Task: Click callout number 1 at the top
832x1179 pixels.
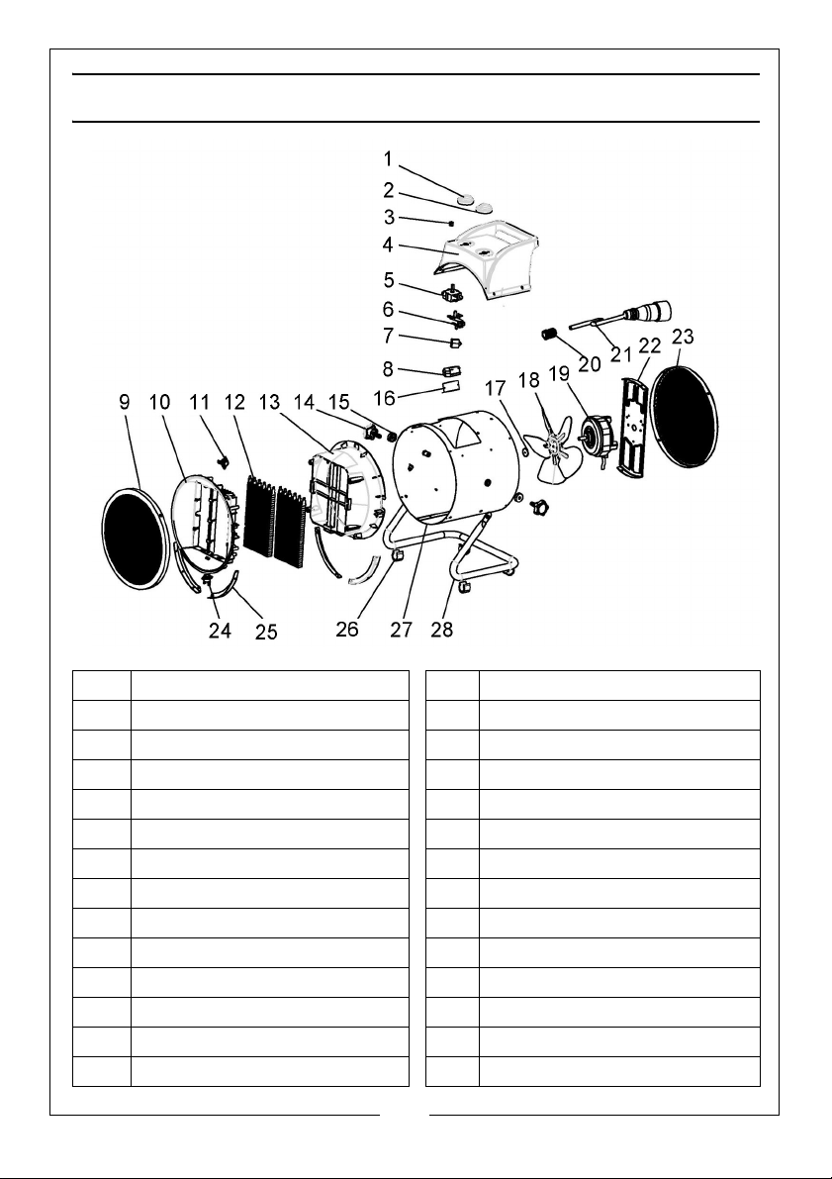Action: pyautogui.click(x=389, y=158)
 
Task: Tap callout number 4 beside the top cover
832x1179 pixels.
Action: pyautogui.click(x=389, y=244)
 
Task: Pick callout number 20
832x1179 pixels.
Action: pyautogui.click(x=589, y=363)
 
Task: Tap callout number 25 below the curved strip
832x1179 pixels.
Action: pyautogui.click(x=266, y=631)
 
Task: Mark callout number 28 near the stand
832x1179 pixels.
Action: pyautogui.click(x=442, y=631)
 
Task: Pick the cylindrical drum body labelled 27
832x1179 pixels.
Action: pyautogui.click(x=455, y=465)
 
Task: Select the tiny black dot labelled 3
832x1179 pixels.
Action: pyautogui.click(x=451, y=224)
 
